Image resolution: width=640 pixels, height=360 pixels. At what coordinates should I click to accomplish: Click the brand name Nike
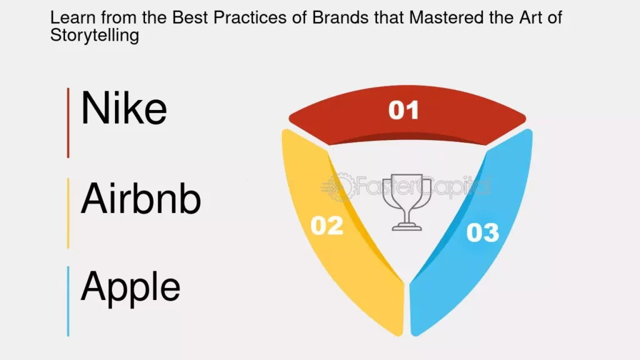point(124,108)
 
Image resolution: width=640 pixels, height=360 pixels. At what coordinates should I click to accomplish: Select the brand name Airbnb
point(141,198)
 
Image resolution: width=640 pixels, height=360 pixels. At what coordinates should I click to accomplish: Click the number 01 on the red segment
point(403,110)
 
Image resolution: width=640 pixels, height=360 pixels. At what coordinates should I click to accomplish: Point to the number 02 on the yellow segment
point(327,225)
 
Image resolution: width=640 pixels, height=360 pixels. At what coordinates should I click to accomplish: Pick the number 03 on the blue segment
point(483,232)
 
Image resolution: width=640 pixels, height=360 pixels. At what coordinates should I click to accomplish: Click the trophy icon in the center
point(406,202)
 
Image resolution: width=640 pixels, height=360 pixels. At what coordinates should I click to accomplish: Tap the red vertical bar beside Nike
point(68,122)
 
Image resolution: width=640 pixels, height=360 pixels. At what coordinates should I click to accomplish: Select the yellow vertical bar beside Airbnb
point(68,213)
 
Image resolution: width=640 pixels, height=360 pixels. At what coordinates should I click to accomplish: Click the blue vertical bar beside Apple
point(68,301)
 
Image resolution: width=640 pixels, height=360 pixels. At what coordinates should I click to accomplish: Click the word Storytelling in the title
point(95,36)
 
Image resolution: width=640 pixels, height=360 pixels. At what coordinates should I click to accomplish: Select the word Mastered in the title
point(442,17)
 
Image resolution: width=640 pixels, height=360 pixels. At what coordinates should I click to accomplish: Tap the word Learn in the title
point(73,17)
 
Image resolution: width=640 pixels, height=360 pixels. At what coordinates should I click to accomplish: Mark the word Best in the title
point(191,17)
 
